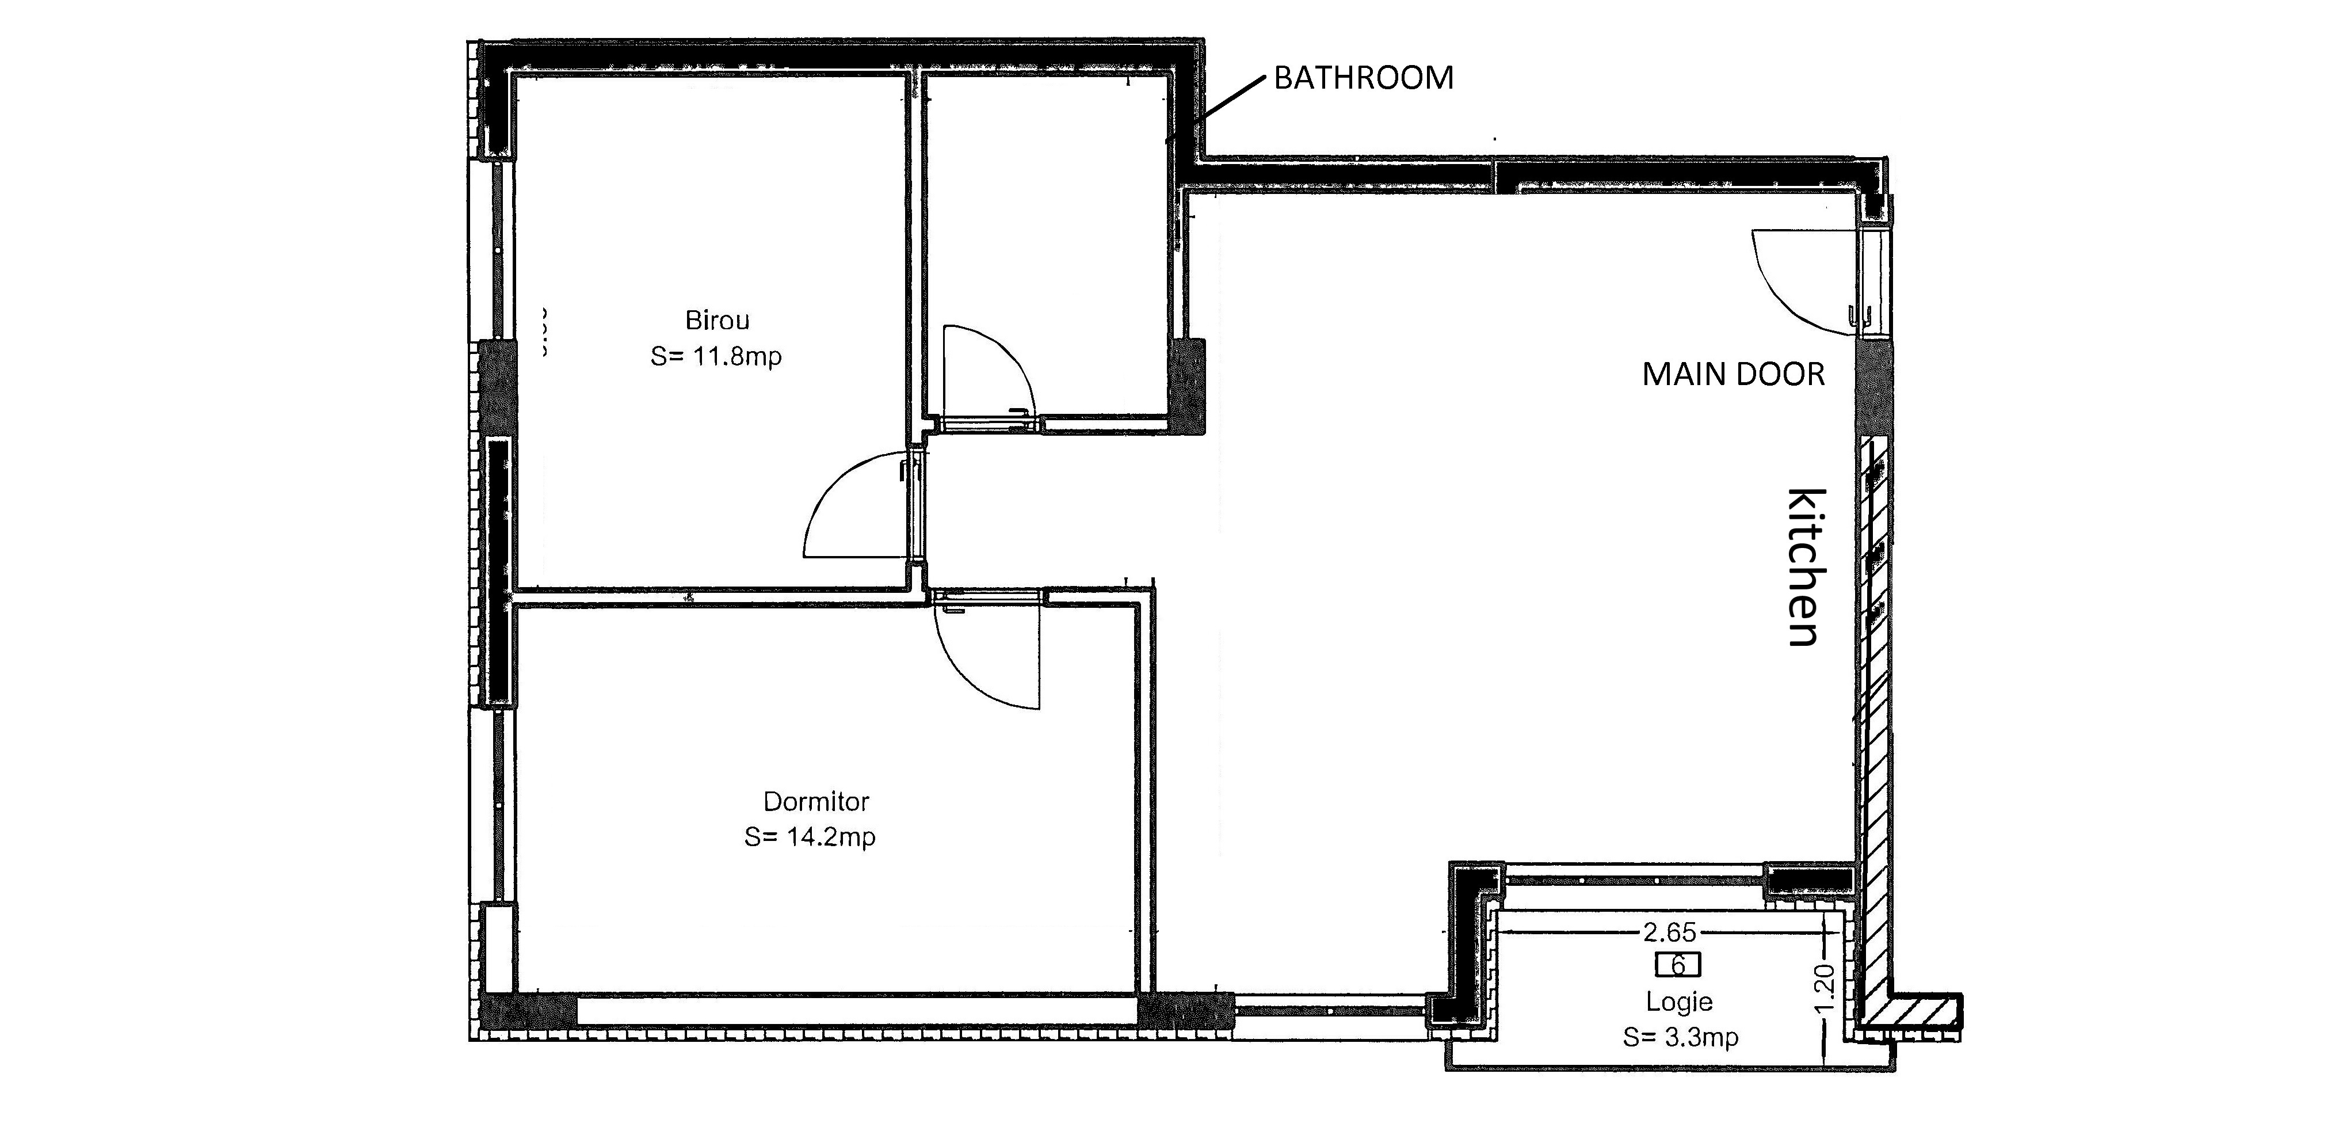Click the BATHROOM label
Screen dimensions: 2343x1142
click(1364, 78)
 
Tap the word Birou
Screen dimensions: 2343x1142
click(718, 320)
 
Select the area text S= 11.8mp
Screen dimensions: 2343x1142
click(716, 356)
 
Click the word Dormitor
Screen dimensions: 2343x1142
click(816, 802)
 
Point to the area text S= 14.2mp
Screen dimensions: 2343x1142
click(810, 836)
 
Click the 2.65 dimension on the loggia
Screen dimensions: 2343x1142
click(1669, 932)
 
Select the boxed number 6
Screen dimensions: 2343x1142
click(1678, 965)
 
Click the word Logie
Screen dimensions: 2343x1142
click(1679, 1002)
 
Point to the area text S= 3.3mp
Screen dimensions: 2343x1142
click(1681, 1037)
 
